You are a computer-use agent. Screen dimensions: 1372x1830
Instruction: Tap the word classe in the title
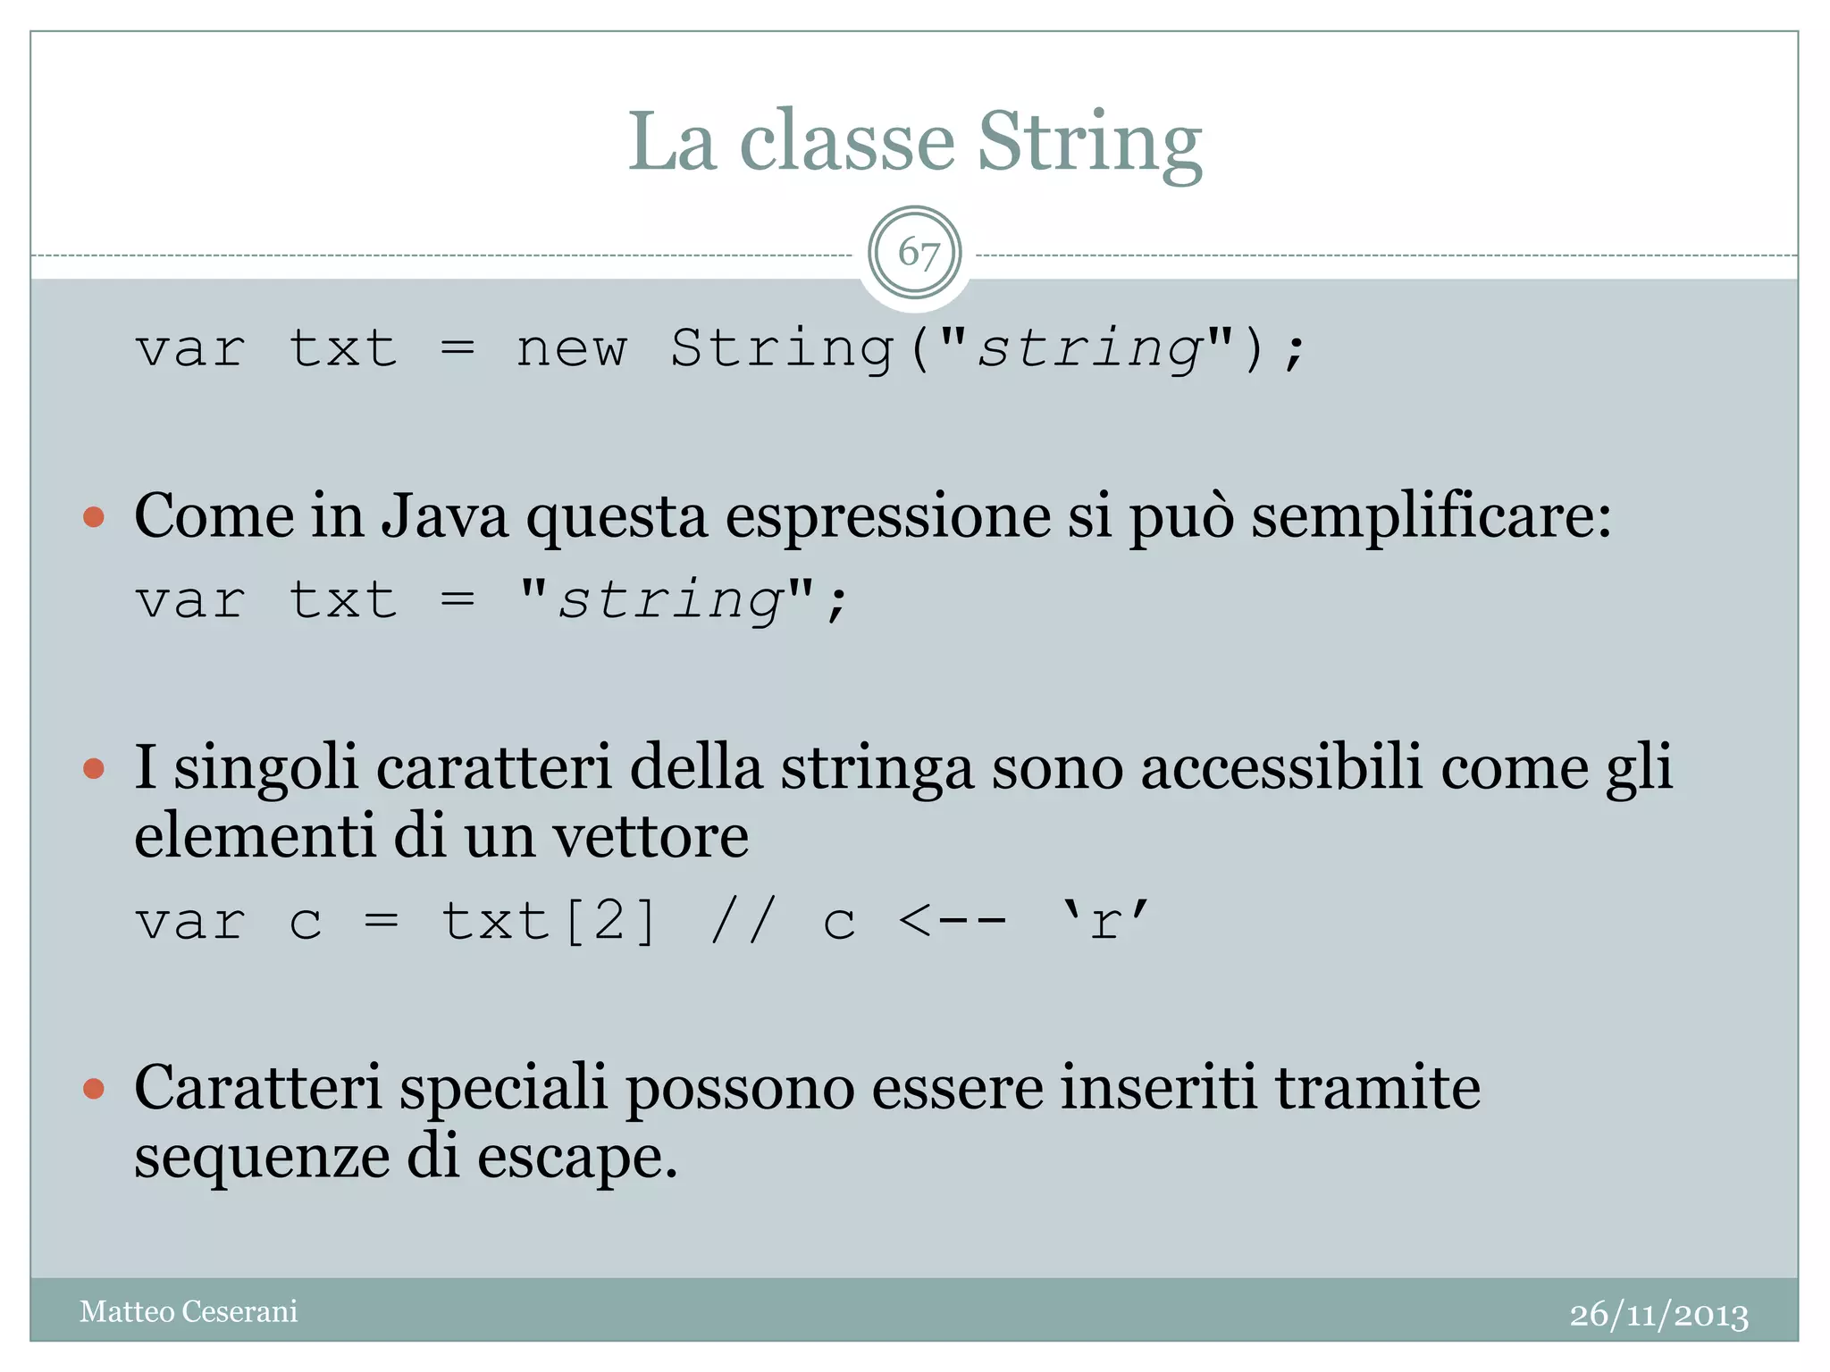tap(847, 143)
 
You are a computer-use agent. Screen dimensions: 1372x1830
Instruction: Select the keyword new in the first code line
tap(572, 348)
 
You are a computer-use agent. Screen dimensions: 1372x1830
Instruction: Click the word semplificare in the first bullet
tap(1431, 518)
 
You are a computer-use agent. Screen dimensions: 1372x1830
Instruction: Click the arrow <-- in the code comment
tap(953, 921)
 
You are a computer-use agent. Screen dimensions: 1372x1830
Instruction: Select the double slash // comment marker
tap(742, 921)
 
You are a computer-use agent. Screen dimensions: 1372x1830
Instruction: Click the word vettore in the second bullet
tap(651, 837)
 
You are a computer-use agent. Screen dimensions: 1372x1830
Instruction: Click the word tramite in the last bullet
tap(1377, 1088)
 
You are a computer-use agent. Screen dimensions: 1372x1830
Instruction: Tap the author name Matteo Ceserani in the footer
tap(189, 1311)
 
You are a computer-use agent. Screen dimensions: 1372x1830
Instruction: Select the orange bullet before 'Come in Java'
tap(94, 517)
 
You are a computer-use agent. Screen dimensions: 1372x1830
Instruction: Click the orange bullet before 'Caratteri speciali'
tap(94, 1089)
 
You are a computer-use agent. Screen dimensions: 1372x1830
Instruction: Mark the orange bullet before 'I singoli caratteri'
tap(94, 768)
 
